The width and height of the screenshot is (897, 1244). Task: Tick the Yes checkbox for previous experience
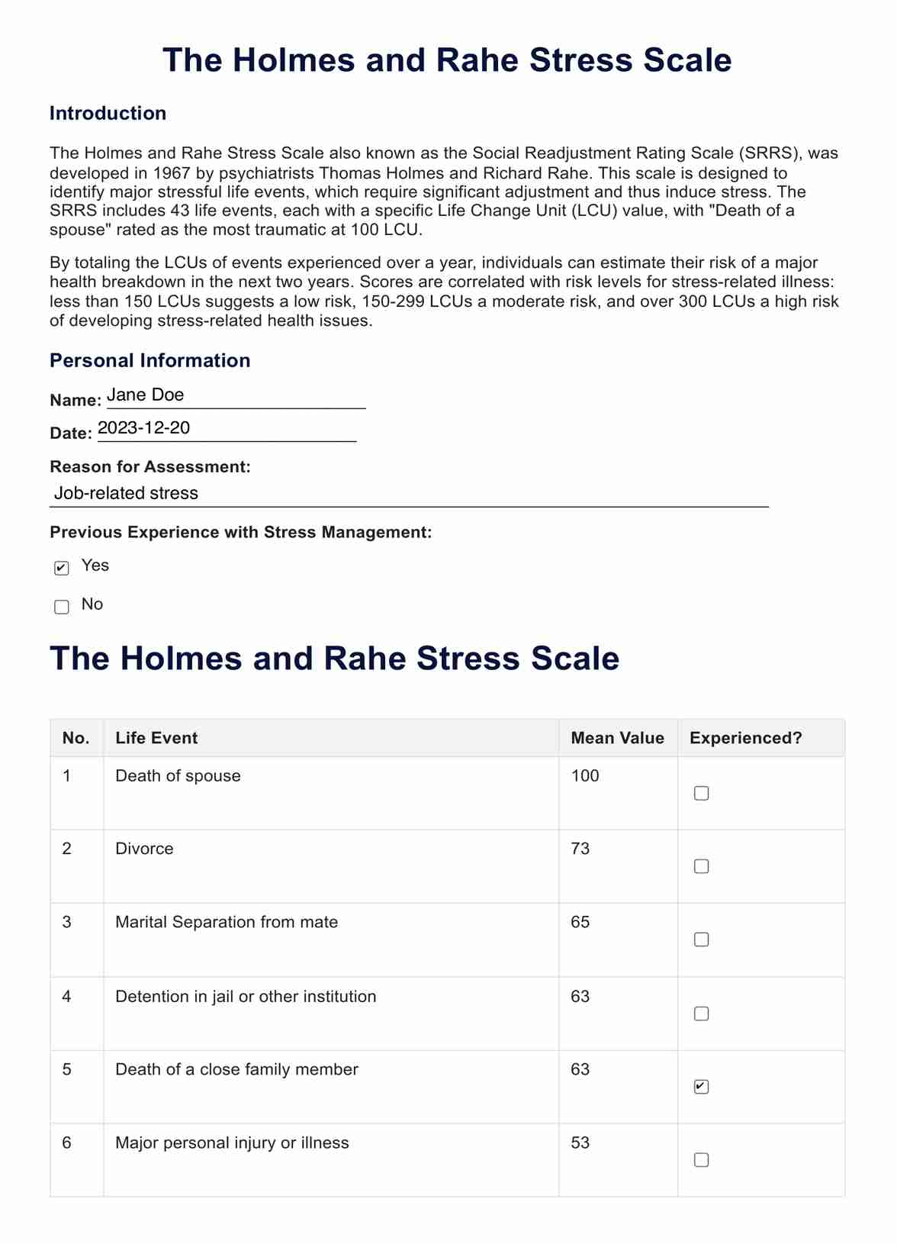[x=62, y=568]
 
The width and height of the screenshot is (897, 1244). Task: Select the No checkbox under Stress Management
[x=62, y=607]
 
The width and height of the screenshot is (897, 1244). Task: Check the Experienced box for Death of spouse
[x=701, y=794]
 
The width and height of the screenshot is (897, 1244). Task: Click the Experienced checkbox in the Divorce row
[x=701, y=866]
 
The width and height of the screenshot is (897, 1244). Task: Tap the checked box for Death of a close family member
[x=701, y=1087]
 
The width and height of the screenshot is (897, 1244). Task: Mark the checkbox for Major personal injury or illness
[x=701, y=1160]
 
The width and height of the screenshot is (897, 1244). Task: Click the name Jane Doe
[x=146, y=395]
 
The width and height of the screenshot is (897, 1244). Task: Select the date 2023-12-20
[x=144, y=428]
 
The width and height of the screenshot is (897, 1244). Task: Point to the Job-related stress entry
[x=127, y=494]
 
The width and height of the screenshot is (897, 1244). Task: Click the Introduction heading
[x=108, y=114]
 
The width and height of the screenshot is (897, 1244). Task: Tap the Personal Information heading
[x=149, y=361]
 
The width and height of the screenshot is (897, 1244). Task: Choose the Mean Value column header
[x=617, y=738]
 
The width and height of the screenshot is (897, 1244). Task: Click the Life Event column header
[x=156, y=738]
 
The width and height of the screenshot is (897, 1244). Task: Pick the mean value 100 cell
[x=585, y=776]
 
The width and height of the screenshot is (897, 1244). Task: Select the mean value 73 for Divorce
[x=580, y=849]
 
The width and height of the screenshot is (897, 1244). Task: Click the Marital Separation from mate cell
[x=227, y=922]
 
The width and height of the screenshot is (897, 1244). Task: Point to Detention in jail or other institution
[x=246, y=997]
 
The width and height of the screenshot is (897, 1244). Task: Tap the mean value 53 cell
[x=580, y=1142]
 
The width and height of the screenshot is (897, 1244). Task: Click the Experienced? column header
[x=745, y=738]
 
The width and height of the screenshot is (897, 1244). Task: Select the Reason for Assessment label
[x=150, y=467]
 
